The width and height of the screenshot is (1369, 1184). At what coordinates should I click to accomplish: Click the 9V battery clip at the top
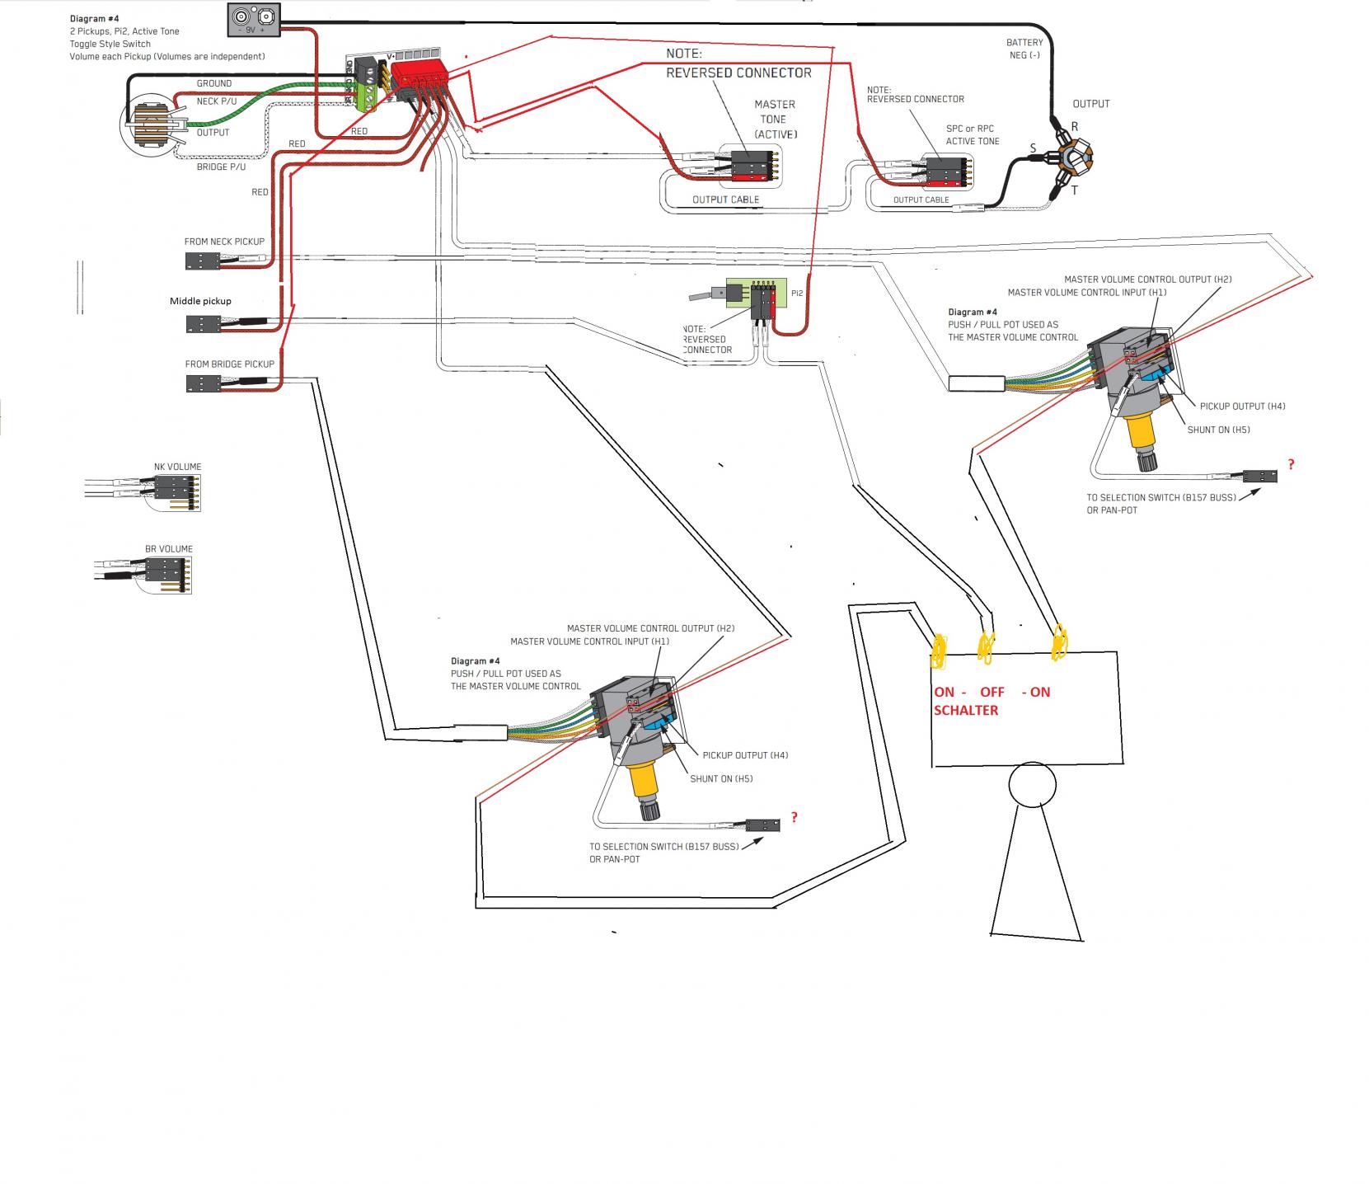tap(254, 19)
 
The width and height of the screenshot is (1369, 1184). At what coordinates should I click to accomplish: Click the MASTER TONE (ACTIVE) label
tap(776, 119)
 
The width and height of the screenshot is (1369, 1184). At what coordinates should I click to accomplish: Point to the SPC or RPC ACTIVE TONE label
tap(973, 135)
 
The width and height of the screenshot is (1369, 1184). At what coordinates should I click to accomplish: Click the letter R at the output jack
tap(1074, 126)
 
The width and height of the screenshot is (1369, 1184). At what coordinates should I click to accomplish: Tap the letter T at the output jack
tap(1074, 190)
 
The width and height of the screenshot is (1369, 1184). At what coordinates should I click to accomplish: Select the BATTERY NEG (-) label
tap(1024, 49)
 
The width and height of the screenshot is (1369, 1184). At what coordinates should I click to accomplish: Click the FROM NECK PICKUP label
tap(224, 242)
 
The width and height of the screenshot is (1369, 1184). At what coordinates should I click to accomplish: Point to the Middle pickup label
tap(200, 301)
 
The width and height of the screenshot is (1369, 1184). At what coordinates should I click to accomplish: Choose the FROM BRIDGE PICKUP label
tap(229, 364)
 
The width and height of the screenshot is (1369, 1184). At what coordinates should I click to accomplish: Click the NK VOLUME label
tap(177, 467)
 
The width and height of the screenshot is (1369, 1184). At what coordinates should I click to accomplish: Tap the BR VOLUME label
tap(169, 549)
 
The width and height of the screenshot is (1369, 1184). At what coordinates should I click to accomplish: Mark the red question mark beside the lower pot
tap(795, 817)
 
